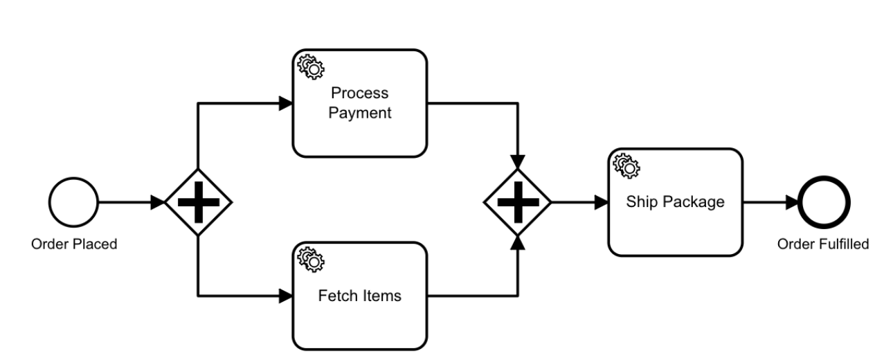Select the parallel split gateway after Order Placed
point(199,202)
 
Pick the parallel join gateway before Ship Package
point(518,202)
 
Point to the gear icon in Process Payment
point(311,67)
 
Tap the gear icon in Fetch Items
point(311,260)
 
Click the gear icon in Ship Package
point(626,166)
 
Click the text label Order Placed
point(74,244)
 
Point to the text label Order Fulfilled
point(823,244)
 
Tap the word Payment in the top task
point(359,113)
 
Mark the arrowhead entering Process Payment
point(286,103)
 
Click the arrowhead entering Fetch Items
point(286,296)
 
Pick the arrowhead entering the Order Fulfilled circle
point(792,202)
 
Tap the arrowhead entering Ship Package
point(601,202)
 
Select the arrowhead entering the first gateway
point(157,202)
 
